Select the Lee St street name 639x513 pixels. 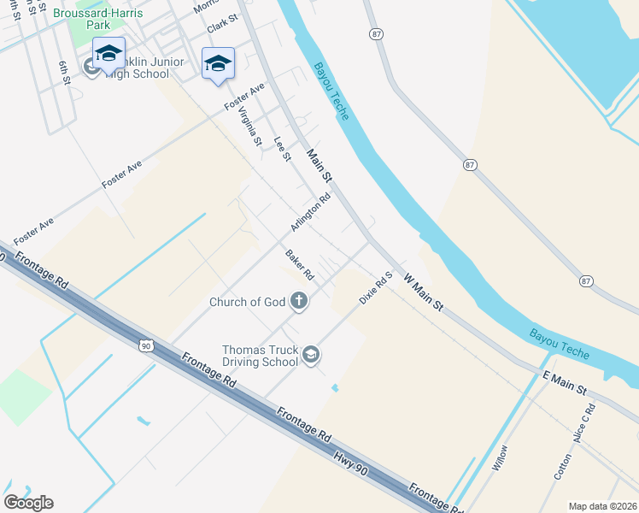tap(282, 148)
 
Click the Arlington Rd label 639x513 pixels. tap(310, 212)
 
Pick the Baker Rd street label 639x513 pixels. tap(300, 265)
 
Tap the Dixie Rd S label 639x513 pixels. tap(375, 289)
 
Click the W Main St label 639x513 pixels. tap(424, 292)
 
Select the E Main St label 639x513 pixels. tap(564, 383)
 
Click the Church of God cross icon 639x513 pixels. tap(299, 301)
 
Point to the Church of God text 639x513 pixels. tap(247, 302)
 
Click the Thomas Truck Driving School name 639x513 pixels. tap(261, 356)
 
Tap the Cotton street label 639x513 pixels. tap(562, 465)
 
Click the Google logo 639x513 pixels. tap(28, 503)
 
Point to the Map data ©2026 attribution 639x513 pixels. tap(602, 505)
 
